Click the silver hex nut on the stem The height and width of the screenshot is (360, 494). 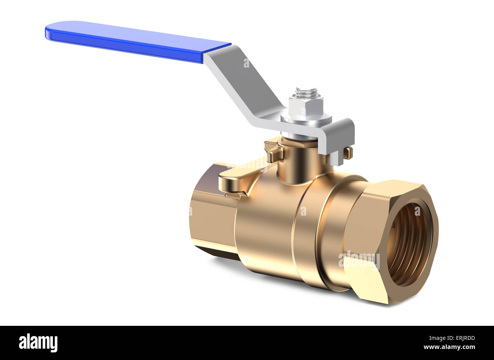pyautogui.click(x=306, y=106)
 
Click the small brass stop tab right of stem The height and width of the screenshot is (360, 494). pyautogui.click(x=348, y=153)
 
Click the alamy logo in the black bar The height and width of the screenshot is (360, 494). pyautogui.click(x=38, y=343)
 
